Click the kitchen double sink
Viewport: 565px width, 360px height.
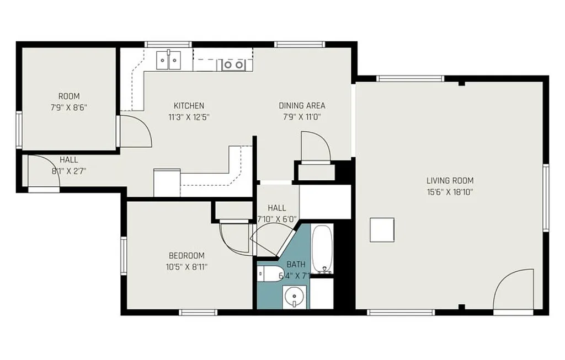click(168, 60)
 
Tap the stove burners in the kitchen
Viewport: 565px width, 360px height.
click(233, 65)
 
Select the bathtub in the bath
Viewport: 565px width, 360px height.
click(322, 249)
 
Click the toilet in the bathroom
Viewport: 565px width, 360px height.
click(269, 273)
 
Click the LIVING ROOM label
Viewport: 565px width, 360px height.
click(450, 180)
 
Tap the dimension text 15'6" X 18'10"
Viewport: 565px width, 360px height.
click(450, 192)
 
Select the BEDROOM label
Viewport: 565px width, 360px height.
click(186, 255)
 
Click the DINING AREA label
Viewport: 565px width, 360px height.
click(302, 105)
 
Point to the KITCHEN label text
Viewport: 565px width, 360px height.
click(189, 105)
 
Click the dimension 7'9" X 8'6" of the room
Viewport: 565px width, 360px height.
click(69, 107)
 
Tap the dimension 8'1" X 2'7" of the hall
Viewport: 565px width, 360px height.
click(69, 171)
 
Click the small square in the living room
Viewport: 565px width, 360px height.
click(382, 230)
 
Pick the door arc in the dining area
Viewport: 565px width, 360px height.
click(316, 146)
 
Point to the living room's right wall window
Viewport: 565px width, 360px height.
click(546, 197)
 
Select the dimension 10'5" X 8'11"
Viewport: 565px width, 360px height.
click(186, 267)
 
